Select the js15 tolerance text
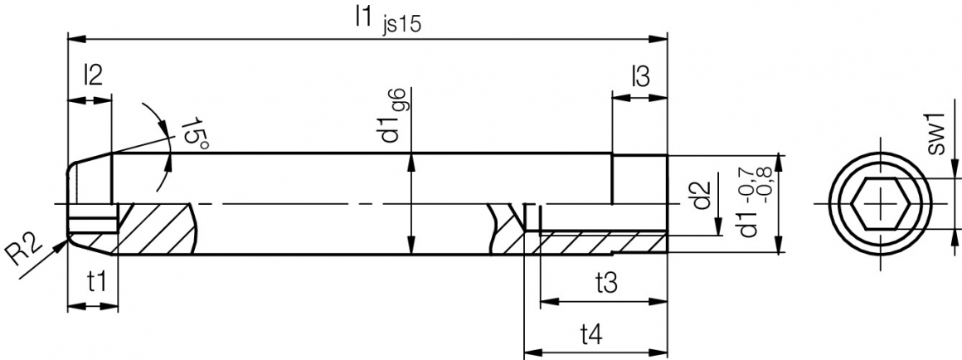coord(401,25)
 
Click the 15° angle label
coord(194,132)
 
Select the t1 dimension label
coord(96,284)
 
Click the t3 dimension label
coord(605,283)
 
